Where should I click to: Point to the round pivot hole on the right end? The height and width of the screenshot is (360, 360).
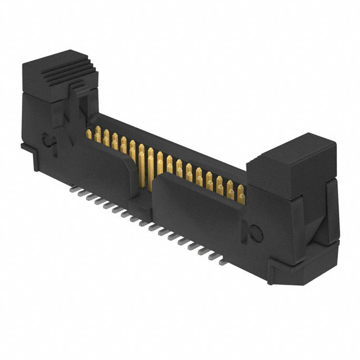click(x=254, y=232)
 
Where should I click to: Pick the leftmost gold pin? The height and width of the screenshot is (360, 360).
click(x=88, y=134)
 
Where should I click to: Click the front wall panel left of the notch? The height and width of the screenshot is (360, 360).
click(x=107, y=169)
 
